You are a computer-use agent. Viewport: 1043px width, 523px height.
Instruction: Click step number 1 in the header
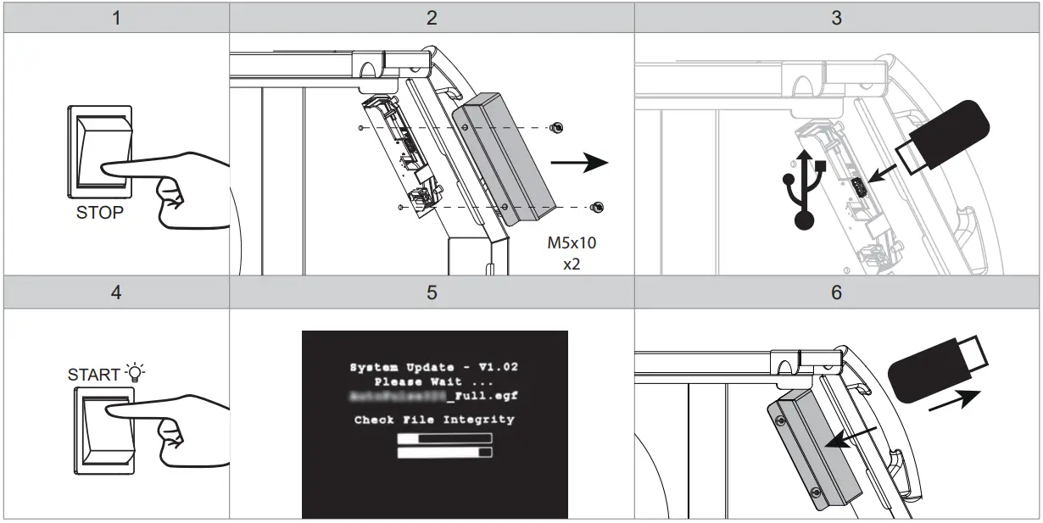coord(115,18)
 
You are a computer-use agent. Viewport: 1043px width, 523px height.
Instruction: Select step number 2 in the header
coord(432,18)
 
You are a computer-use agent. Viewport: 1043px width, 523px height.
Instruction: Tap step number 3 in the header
coord(837,18)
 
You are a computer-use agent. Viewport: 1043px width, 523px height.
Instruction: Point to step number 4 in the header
coord(115,293)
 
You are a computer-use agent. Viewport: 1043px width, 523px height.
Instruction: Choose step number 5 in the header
coord(432,293)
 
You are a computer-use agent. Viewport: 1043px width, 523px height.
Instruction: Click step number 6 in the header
coord(837,293)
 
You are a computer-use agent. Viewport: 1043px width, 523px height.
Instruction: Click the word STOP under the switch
coord(99,213)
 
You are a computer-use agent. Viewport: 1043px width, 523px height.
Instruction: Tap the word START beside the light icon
coord(93,374)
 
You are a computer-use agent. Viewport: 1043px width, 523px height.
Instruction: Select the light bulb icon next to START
coord(134,371)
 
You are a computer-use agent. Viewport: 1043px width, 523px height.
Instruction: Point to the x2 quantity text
coord(572,264)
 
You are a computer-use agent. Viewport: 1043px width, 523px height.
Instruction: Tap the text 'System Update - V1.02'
coord(434,367)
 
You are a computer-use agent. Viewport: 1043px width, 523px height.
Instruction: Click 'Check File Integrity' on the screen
coord(434,420)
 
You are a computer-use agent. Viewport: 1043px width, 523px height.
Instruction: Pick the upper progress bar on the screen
coord(444,438)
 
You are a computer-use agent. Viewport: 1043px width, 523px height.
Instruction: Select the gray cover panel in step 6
coord(813,449)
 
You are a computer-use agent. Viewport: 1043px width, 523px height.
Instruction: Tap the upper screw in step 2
coord(556,127)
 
